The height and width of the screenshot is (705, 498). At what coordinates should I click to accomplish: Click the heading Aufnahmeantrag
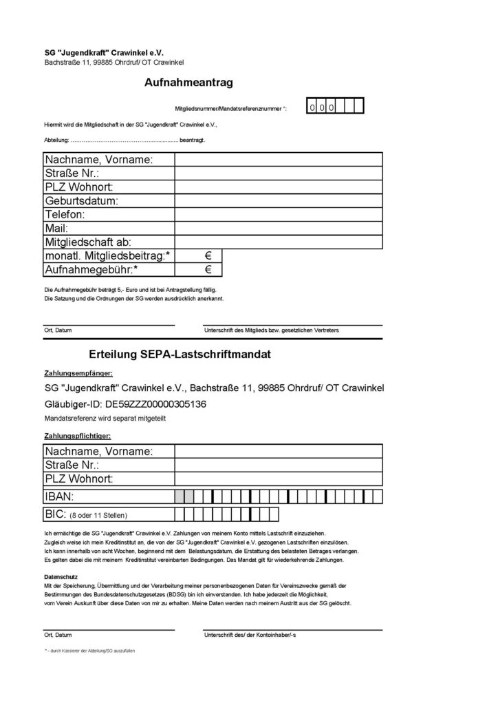189,83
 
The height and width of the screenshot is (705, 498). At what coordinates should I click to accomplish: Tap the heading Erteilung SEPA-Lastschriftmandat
180,355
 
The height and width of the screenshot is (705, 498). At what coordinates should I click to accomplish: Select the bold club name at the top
105,52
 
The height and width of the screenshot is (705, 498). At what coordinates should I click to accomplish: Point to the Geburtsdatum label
82,201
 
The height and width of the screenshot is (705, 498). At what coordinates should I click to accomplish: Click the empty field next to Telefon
279,215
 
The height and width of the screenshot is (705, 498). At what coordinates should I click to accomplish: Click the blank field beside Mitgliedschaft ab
279,242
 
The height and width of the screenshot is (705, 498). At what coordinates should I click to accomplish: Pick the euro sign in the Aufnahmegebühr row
208,269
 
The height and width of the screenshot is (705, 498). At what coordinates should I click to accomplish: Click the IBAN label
59,496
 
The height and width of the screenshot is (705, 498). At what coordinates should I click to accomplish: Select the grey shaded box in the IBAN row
180,496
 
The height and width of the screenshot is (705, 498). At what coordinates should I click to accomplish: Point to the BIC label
55,514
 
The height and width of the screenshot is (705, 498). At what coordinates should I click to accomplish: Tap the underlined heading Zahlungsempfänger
78,372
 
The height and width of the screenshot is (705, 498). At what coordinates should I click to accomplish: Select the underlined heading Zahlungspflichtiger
77,436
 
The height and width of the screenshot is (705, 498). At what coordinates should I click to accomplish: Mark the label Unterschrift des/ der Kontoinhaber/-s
255,635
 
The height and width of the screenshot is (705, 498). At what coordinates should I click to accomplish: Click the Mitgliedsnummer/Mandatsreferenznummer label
231,109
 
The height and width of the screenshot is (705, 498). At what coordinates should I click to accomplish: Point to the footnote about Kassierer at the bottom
89,651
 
